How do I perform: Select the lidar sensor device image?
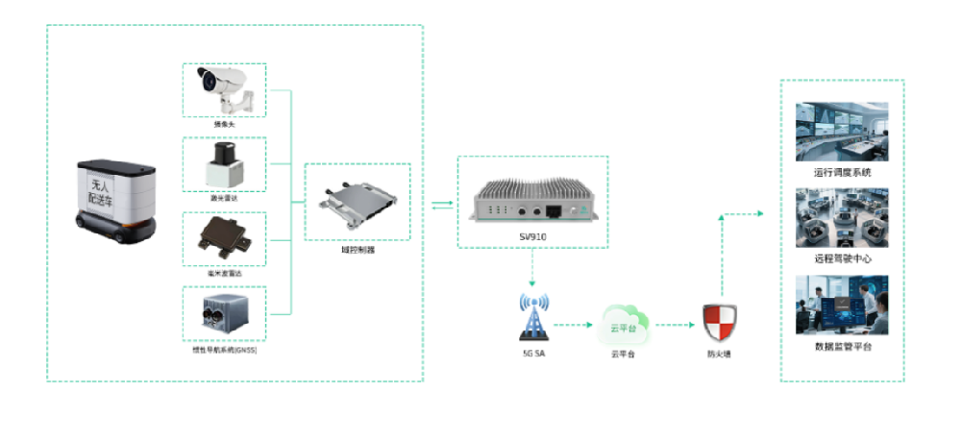[224, 165]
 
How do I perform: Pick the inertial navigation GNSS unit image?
[224, 315]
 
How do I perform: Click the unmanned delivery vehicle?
[114, 198]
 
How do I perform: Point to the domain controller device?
[356, 201]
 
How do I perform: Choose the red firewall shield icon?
[719, 323]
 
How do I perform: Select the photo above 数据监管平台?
[841, 305]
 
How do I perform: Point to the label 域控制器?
[357, 249]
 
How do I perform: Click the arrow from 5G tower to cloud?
[577, 325]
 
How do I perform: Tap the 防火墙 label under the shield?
[719, 354]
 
